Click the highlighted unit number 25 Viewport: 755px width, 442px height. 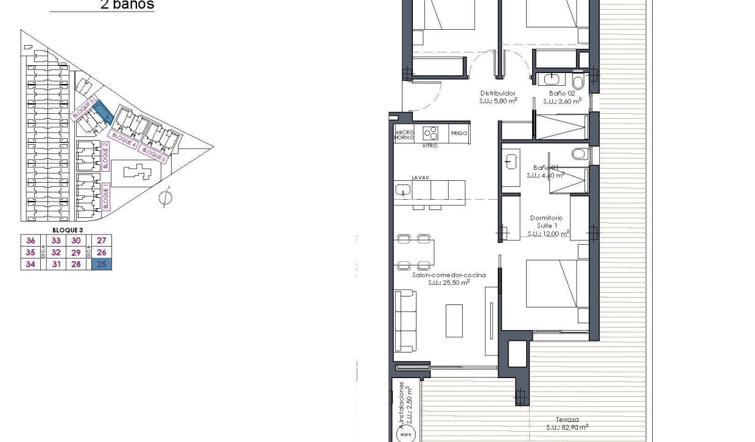[101, 264]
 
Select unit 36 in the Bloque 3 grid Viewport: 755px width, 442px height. [30, 240]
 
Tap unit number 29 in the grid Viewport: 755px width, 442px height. [76, 252]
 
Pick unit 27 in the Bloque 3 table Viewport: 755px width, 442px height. [101, 240]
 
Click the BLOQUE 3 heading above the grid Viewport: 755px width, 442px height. [68, 230]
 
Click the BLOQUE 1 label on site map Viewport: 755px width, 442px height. [105, 197]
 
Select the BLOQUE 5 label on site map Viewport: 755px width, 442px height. [153, 153]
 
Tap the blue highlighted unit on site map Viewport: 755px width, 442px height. [104, 111]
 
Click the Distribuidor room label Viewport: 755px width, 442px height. [494, 93]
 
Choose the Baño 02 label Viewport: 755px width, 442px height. [562, 93]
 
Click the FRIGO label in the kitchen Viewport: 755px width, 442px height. [459, 133]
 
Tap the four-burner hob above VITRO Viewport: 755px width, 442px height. [431, 133]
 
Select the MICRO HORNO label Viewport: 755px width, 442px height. [404, 135]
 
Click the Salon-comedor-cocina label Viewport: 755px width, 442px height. [449, 275]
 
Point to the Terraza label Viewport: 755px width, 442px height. [566, 419]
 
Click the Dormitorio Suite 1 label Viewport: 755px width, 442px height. [546, 222]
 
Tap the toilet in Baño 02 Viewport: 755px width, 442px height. [578, 80]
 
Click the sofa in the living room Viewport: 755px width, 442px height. [405, 321]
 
